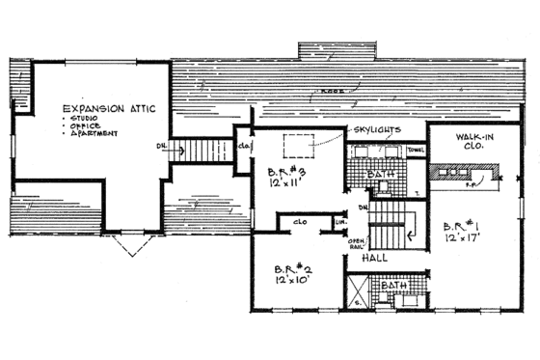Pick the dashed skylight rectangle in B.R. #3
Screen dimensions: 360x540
300,145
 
